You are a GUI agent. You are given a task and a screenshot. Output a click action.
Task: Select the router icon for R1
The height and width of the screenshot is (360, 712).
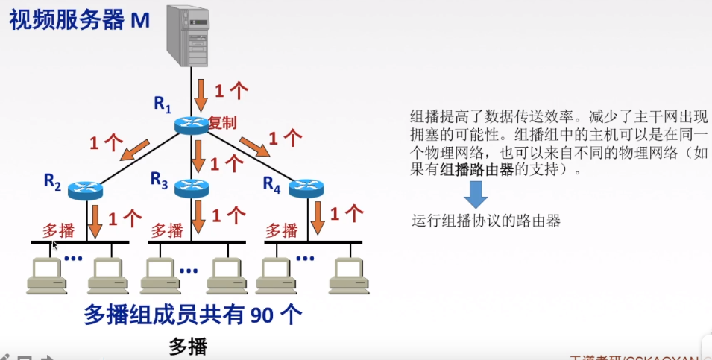192,126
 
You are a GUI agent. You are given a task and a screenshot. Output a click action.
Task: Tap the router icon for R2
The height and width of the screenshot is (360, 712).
85,190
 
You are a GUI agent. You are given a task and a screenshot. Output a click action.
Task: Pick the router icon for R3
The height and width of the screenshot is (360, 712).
192,189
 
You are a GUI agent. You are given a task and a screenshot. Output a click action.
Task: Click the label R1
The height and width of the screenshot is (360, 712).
163,104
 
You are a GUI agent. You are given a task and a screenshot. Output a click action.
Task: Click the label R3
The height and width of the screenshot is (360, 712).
160,179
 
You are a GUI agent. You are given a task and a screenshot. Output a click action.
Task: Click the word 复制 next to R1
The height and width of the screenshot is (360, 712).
222,123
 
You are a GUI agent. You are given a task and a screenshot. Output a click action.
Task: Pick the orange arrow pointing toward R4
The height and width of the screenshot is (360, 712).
254,146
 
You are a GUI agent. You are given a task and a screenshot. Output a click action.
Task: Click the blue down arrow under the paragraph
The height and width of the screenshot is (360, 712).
476,195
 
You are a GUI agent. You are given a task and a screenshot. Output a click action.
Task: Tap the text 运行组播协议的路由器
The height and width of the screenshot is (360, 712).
485,221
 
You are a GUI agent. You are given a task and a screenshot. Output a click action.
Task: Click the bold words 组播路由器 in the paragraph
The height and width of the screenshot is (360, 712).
477,170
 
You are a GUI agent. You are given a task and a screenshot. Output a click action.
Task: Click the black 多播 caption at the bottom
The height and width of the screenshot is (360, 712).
188,347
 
